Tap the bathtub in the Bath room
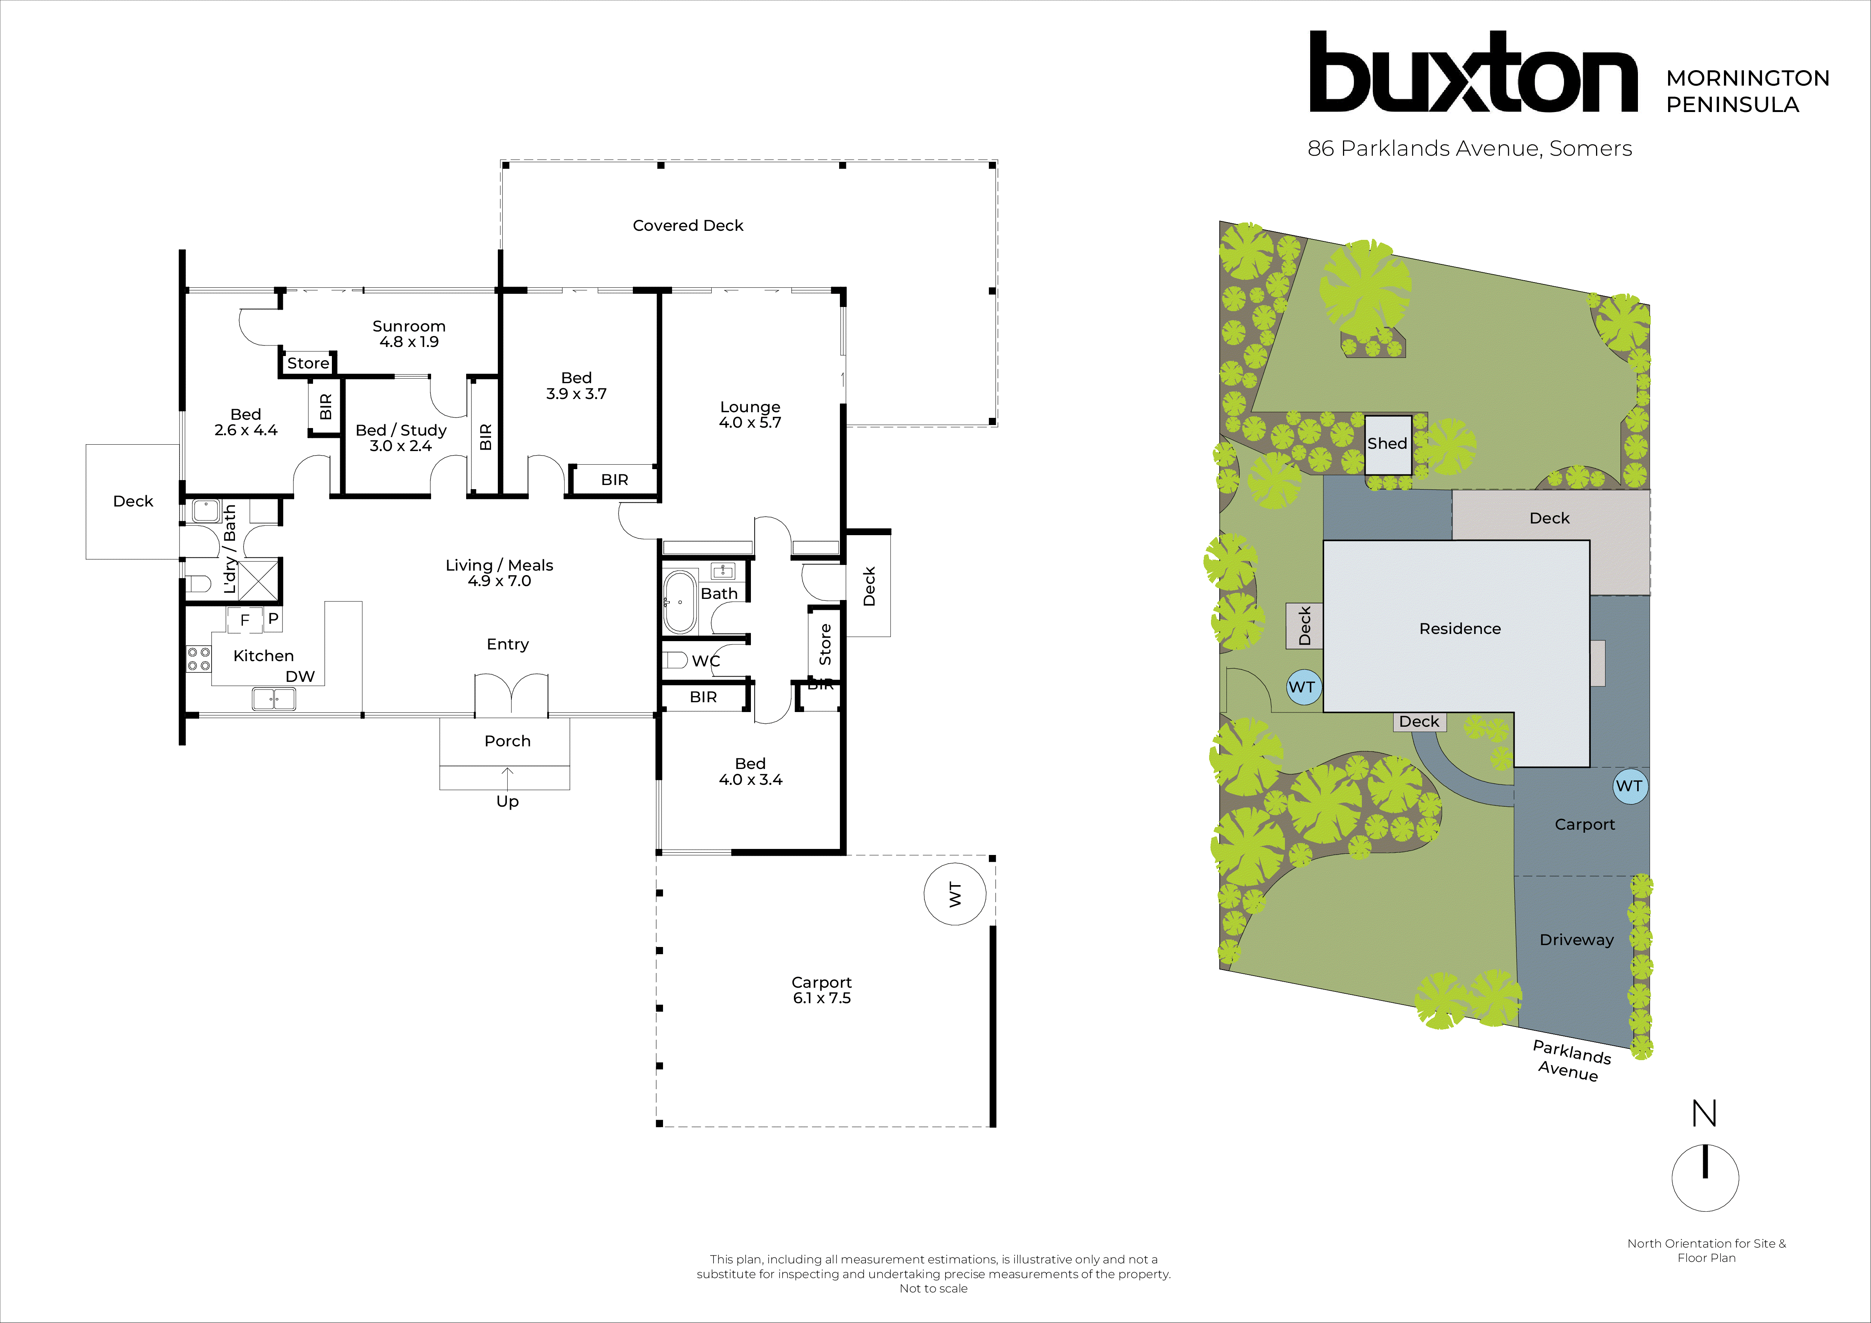point(680,602)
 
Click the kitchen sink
point(274,698)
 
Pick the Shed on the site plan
point(1387,445)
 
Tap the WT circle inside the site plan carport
point(1629,786)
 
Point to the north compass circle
point(1705,1178)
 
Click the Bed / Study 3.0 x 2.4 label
point(401,437)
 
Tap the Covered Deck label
point(688,226)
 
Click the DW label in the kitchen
point(300,676)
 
